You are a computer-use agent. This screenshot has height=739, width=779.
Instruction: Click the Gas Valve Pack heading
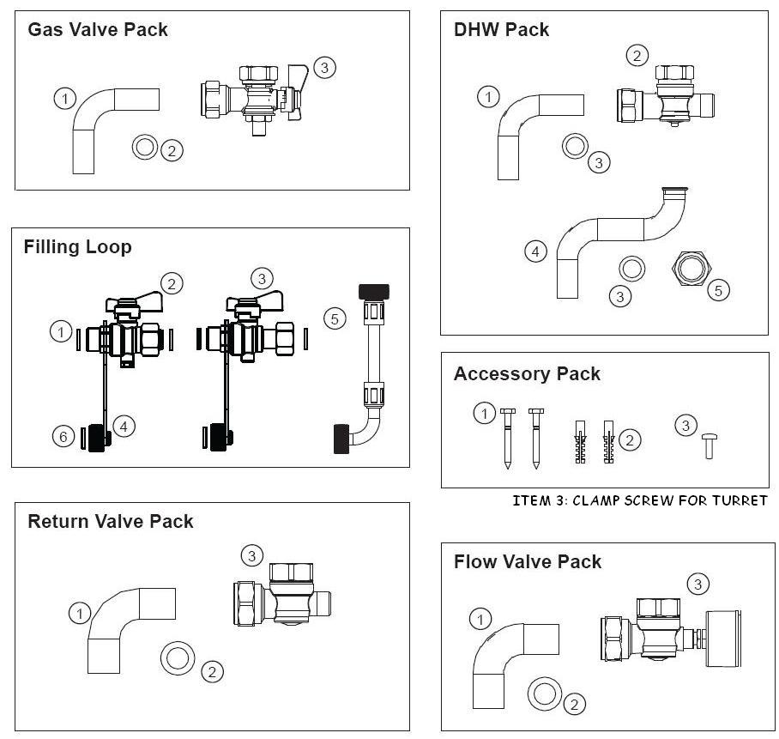[x=97, y=30]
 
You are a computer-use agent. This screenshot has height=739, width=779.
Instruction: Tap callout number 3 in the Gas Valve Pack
[x=324, y=67]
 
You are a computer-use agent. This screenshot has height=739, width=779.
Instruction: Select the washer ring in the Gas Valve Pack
[x=145, y=148]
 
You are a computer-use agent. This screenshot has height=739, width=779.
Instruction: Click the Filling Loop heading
[x=77, y=247]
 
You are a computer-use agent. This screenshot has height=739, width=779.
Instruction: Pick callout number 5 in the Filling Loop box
[x=335, y=318]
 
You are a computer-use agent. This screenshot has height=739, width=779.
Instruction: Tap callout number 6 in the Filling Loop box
[x=62, y=437]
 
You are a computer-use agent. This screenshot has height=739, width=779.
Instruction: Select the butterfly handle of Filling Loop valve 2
[x=137, y=300]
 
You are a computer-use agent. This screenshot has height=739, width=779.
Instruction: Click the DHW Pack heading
[x=501, y=30]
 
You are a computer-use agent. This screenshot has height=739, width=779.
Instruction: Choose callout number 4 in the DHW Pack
[x=535, y=251]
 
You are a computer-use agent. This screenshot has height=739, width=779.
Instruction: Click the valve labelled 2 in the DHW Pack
[x=665, y=96]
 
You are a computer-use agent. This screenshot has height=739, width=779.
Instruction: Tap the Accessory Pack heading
[x=527, y=374]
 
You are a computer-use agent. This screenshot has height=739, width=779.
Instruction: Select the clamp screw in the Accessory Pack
[x=709, y=445]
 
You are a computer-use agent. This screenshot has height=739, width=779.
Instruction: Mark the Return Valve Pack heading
[x=111, y=522]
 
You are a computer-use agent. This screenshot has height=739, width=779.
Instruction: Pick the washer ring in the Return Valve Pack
[x=178, y=658]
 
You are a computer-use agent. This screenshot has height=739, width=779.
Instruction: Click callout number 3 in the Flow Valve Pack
[x=698, y=585]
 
